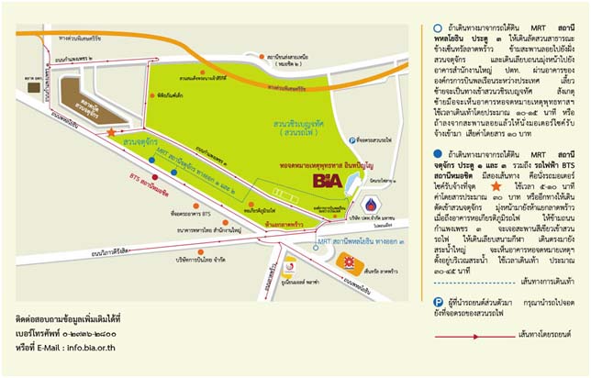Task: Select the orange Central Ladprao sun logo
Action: pyautogui.click(x=348, y=262)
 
